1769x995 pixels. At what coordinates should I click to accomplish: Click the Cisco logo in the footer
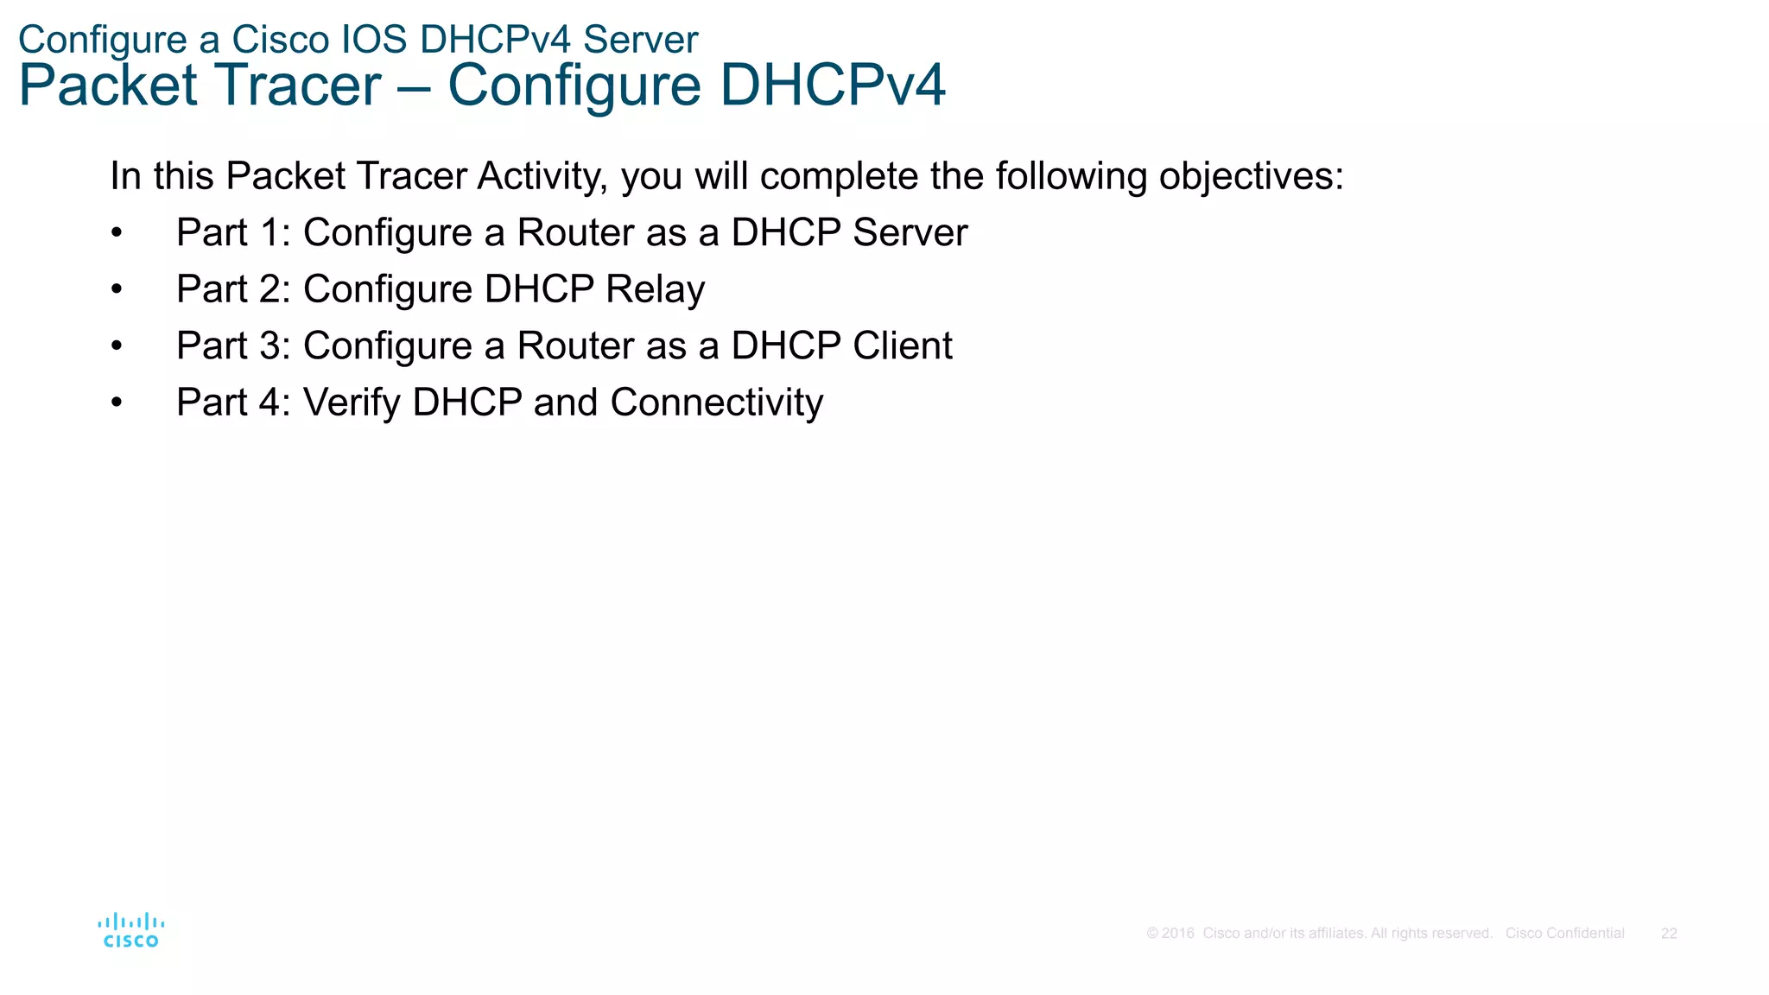[130, 930]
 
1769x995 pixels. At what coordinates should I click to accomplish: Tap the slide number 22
[1669, 934]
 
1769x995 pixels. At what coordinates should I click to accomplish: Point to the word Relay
[655, 289]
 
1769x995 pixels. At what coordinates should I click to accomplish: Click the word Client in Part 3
[903, 346]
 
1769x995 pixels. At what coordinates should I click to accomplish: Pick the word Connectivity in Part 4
[716, 402]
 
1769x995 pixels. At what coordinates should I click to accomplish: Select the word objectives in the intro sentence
[1251, 176]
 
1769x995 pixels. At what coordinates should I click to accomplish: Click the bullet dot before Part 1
[117, 233]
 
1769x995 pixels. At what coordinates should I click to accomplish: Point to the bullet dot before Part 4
[117, 403]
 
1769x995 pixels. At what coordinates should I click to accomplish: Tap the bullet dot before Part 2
[117, 290]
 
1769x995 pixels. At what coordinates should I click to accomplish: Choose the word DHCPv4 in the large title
[832, 86]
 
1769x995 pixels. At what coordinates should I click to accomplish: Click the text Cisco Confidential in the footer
[1564, 934]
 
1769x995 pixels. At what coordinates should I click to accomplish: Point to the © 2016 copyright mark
[1170, 934]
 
